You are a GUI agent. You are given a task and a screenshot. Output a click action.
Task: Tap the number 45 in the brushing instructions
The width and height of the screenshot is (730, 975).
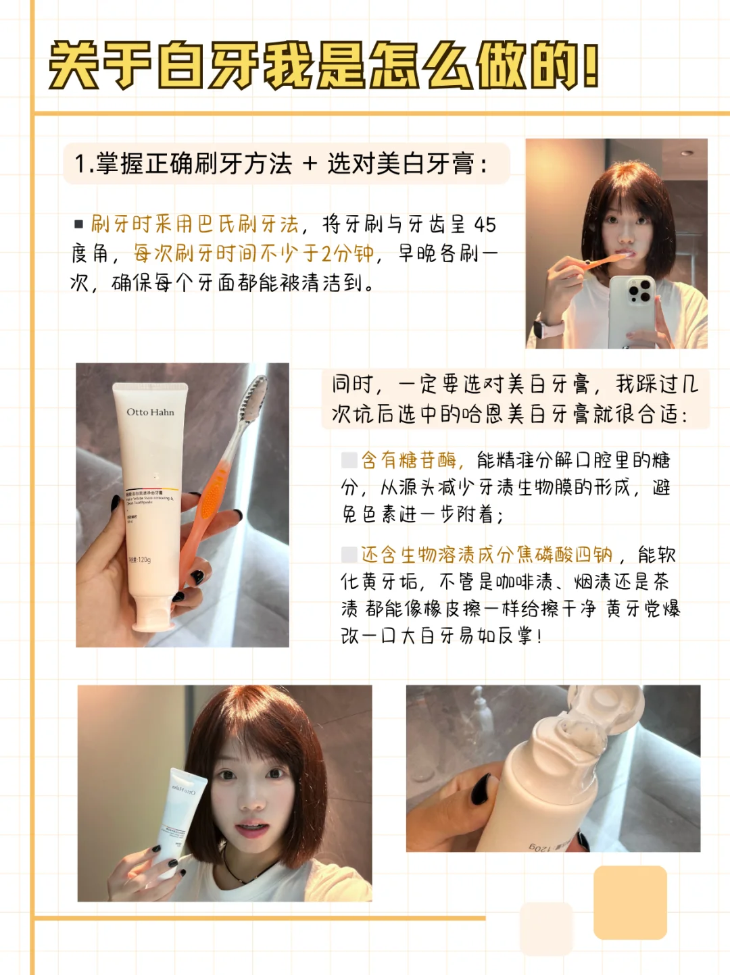485,225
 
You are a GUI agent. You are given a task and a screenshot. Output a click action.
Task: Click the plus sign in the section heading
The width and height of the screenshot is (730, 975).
310,164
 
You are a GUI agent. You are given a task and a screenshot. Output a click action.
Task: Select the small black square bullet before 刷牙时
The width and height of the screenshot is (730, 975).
78,224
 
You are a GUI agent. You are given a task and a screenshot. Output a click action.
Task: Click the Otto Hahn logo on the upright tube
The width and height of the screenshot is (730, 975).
150,412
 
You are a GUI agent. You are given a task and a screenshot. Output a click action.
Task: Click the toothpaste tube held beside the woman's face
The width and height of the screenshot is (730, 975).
179,820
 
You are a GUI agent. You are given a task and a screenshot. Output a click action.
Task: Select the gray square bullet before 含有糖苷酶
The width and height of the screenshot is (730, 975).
349,460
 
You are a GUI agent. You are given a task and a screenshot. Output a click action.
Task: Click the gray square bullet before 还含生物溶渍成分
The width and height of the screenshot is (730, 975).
349,555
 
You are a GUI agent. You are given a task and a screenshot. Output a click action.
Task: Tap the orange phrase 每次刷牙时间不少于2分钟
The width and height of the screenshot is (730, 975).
253,254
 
